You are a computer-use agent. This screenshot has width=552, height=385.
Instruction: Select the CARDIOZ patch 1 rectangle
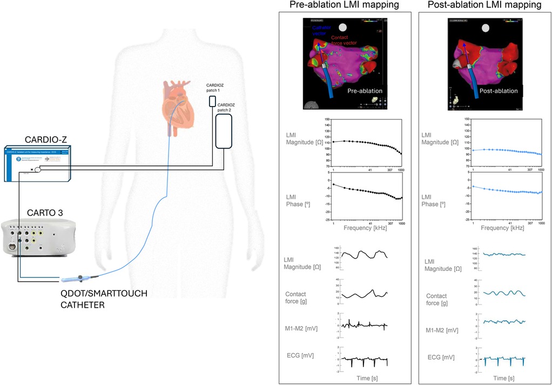click(213, 101)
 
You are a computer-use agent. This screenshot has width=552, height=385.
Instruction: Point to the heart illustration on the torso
click(179, 103)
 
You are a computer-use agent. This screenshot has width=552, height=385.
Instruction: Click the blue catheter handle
click(78, 280)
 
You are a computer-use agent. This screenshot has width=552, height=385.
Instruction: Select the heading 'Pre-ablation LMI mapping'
click(344, 5)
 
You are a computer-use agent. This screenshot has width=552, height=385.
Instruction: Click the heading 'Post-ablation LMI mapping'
click(484, 5)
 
